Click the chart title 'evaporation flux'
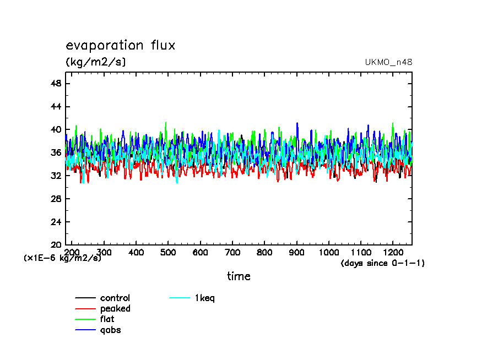click(120, 45)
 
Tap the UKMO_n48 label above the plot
click(388, 62)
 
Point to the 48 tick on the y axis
click(56, 84)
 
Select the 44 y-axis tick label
click(56, 107)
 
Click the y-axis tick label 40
click(56, 130)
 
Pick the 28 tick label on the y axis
click(56, 199)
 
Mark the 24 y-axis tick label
click(56, 222)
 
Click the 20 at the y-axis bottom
click(56, 245)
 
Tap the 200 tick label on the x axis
click(72, 252)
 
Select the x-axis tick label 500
click(168, 252)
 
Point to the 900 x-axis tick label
click(296, 252)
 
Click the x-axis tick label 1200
click(392, 252)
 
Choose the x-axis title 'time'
click(239, 276)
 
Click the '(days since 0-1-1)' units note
click(383, 263)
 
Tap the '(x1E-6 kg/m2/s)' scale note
click(62, 258)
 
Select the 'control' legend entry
click(115, 298)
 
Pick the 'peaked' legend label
click(115, 309)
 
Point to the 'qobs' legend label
click(110, 330)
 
